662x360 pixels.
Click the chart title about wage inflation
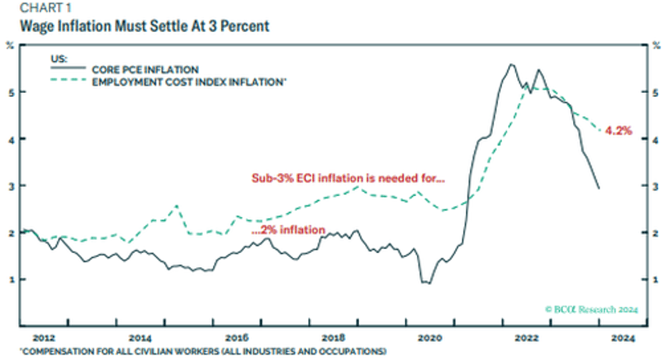135,27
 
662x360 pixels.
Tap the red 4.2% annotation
618,131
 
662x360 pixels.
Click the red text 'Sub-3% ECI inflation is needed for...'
347,179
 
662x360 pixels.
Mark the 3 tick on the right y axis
652,186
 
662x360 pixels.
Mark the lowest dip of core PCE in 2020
426,283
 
